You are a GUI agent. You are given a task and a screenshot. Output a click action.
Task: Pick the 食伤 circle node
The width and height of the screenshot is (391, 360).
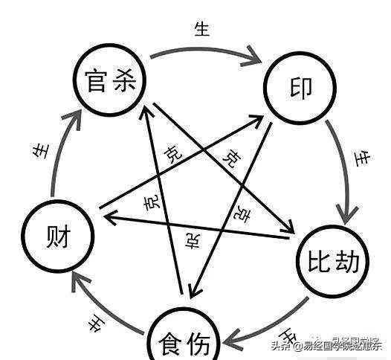(x=186, y=339)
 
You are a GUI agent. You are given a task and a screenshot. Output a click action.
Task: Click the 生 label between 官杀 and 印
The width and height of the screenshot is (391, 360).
(x=201, y=30)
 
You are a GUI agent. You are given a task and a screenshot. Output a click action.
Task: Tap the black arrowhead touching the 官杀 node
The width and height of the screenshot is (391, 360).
(x=145, y=104)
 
